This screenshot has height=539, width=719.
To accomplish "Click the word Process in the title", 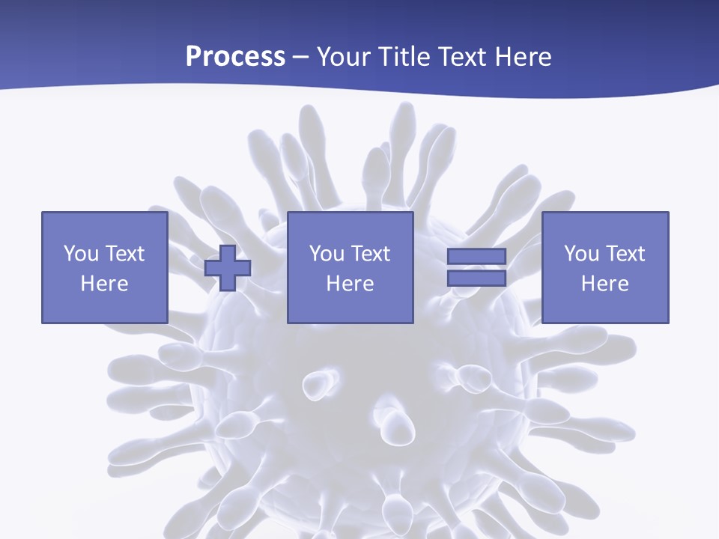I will pos(235,57).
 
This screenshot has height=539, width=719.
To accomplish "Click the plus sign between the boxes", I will pos(228,268).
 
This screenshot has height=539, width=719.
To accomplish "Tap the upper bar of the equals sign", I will pos(476,257).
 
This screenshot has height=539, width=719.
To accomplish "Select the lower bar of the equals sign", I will pos(476,278).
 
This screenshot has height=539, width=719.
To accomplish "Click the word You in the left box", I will pos(81,254).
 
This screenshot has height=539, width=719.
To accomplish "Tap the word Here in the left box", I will pos(104,284).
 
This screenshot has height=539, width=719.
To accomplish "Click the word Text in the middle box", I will pos(370,254).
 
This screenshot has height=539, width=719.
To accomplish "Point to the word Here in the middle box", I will pos(350,284).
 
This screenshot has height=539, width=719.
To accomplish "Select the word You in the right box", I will pos(581,254).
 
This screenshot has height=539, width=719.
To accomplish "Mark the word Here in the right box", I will pos(604,284).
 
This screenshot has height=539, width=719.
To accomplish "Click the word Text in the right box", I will pos(625,254).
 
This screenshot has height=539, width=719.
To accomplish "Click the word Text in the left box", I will pos(124,254).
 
